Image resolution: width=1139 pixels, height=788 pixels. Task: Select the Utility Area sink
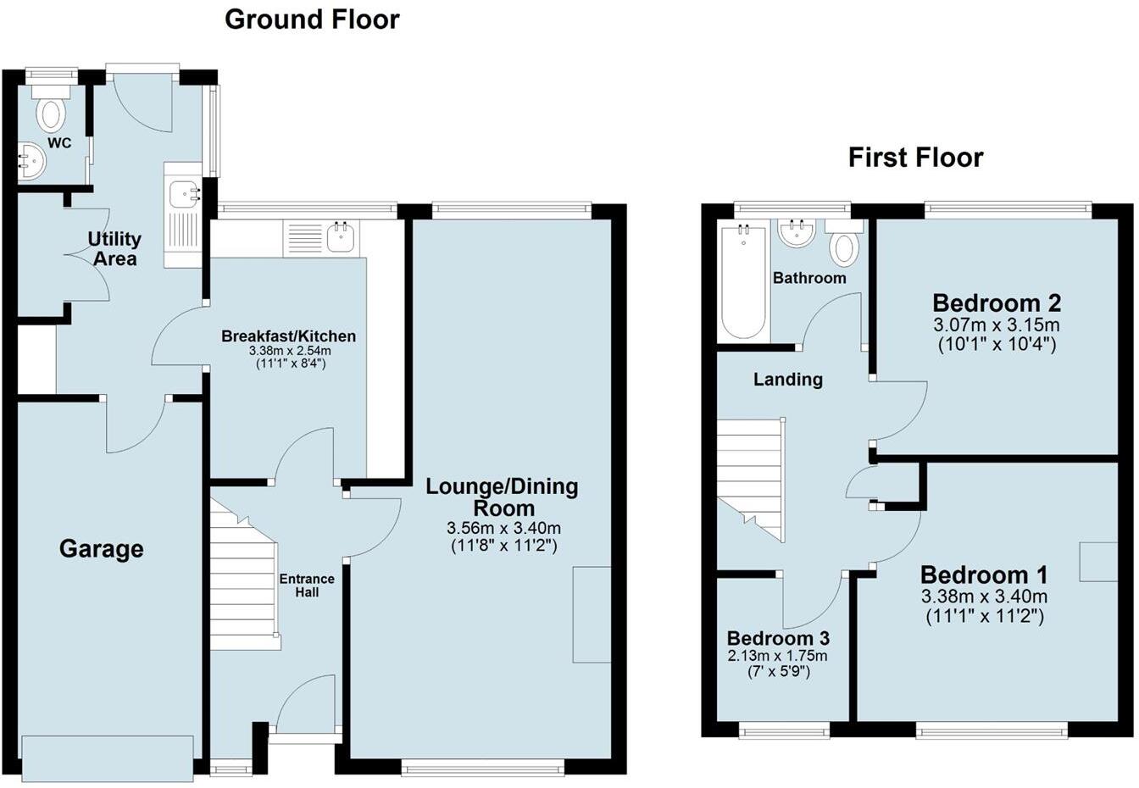pyautogui.click(x=183, y=196)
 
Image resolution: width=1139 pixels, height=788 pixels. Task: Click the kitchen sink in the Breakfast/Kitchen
pyautogui.click(x=342, y=236)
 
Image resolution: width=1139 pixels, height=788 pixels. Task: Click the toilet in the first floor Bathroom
pyautogui.click(x=843, y=246)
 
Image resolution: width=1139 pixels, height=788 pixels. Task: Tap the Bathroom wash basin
pyautogui.click(x=797, y=232)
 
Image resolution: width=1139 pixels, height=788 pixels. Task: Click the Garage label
pyautogui.click(x=101, y=549)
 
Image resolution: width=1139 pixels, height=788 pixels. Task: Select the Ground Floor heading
pyautogui.click(x=312, y=19)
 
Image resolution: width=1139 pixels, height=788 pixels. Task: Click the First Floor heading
pyautogui.click(x=915, y=158)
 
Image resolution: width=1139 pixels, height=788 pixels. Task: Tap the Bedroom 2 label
pyautogui.click(x=997, y=302)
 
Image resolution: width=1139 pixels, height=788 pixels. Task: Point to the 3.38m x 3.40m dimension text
pyautogui.click(x=984, y=597)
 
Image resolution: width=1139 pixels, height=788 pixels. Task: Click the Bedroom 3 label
pyautogui.click(x=778, y=638)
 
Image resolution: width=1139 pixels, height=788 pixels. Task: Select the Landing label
pyautogui.click(x=788, y=380)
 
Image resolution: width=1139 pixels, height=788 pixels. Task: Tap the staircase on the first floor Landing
pyautogui.click(x=749, y=474)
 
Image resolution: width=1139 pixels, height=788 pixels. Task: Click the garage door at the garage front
pyautogui.click(x=108, y=758)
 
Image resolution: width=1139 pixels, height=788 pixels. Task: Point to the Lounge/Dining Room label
pyautogui.click(x=502, y=497)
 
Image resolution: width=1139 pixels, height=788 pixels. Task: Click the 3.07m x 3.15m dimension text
pyautogui.click(x=997, y=325)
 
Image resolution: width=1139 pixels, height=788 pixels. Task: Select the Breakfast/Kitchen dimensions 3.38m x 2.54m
pyautogui.click(x=290, y=351)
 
